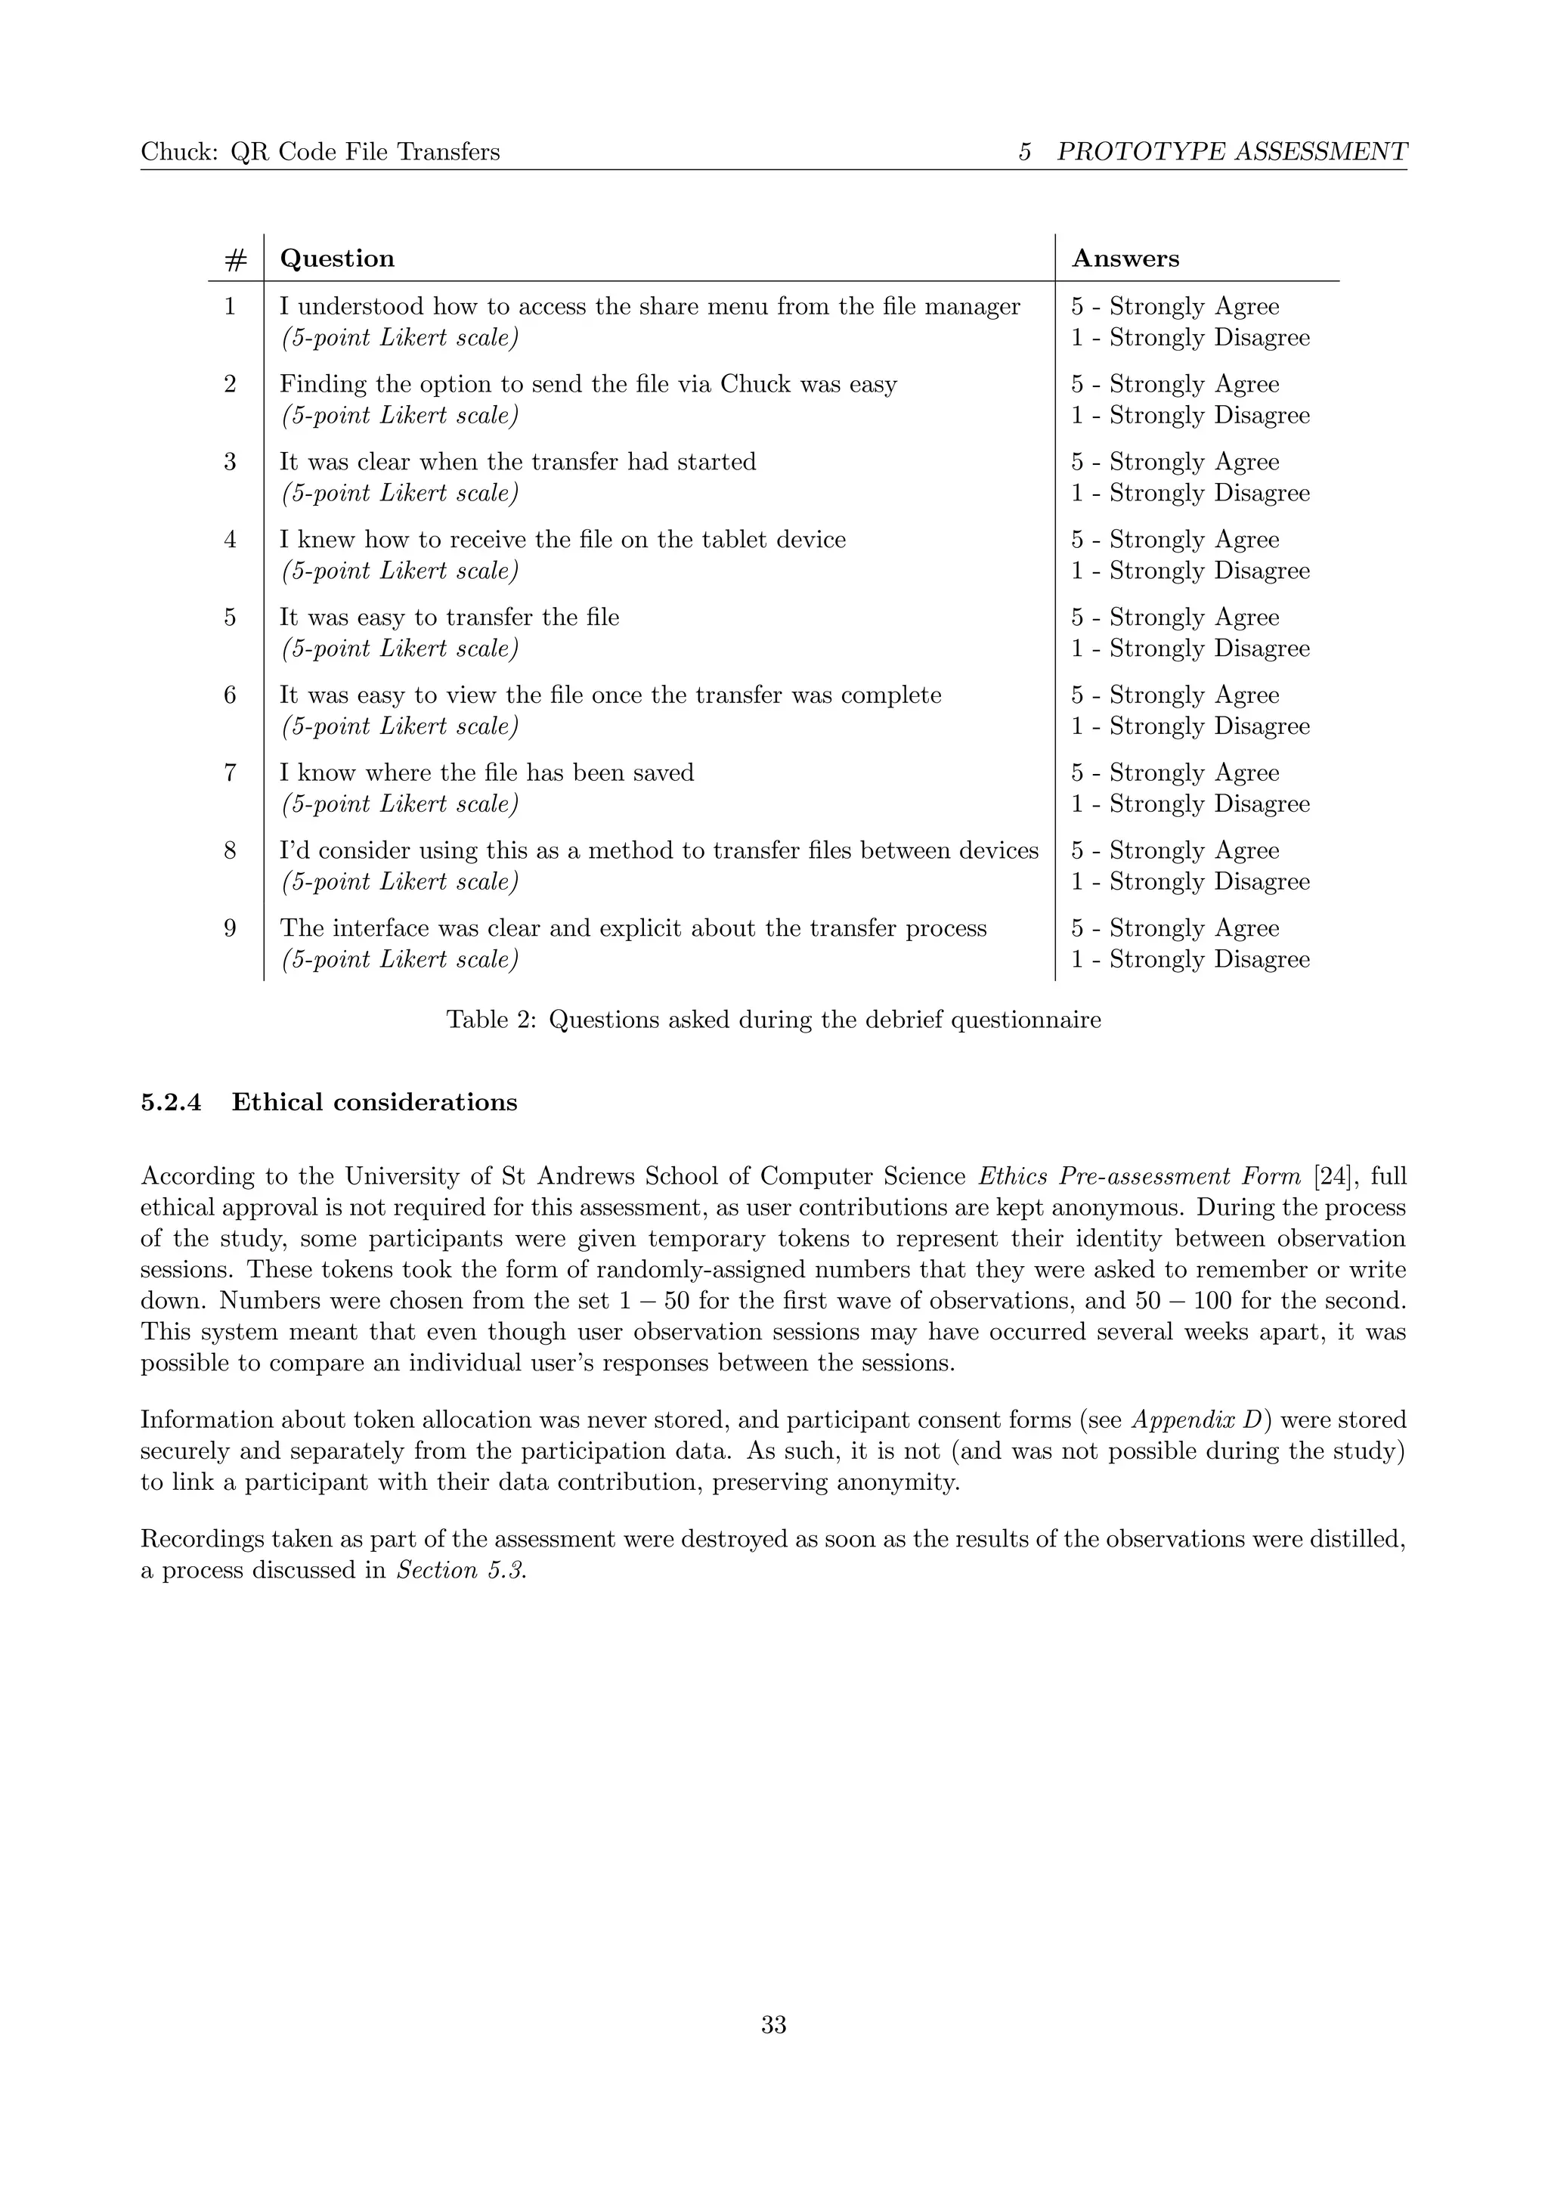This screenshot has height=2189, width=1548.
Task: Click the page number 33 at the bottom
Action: click(773, 2026)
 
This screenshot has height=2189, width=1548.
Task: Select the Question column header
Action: click(336, 259)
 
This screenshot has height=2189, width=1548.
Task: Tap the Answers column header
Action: click(1125, 259)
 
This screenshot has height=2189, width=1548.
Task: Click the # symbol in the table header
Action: click(235, 260)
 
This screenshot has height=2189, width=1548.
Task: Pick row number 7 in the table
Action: click(230, 773)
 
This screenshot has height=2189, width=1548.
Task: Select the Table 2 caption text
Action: click(773, 1020)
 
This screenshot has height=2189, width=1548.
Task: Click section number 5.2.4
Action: click(171, 1103)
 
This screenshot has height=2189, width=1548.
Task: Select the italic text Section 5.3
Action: click(460, 1570)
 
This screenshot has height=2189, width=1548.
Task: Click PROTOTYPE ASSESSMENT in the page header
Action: click(1231, 152)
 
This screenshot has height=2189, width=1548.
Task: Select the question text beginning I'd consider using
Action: click(658, 850)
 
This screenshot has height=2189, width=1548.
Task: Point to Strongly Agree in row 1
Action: click(1194, 307)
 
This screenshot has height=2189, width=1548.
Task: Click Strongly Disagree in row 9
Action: click(1209, 960)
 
